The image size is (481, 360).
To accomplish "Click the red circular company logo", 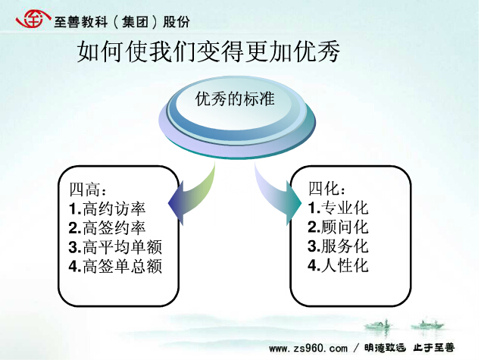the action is tap(33, 19).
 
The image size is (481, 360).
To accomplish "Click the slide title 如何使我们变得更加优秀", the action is tap(208, 52).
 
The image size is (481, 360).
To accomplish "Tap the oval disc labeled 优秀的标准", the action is tap(237, 117).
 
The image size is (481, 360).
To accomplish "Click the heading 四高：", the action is tap(88, 189).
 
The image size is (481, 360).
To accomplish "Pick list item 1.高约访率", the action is tap(107, 208).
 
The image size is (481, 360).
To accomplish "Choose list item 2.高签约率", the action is tap(107, 228).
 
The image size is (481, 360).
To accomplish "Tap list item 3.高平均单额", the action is tap(115, 247).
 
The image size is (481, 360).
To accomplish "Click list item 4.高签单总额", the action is tap(115, 266).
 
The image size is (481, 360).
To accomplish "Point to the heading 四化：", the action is tap(327, 188).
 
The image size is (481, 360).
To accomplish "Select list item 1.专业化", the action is tap(338, 208).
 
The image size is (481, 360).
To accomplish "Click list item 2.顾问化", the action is tap(338, 227).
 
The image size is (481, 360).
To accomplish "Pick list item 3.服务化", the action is tap(338, 246).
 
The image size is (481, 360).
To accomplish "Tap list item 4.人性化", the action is tap(338, 265).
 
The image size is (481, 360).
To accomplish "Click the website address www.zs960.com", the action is tap(308, 349).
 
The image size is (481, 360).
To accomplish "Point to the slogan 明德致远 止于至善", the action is tap(410, 348).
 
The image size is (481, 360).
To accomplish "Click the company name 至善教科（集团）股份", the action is tap(122, 22).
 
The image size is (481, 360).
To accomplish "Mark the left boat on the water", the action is tap(378, 324).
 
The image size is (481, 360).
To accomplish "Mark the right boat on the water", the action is tap(427, 324).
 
